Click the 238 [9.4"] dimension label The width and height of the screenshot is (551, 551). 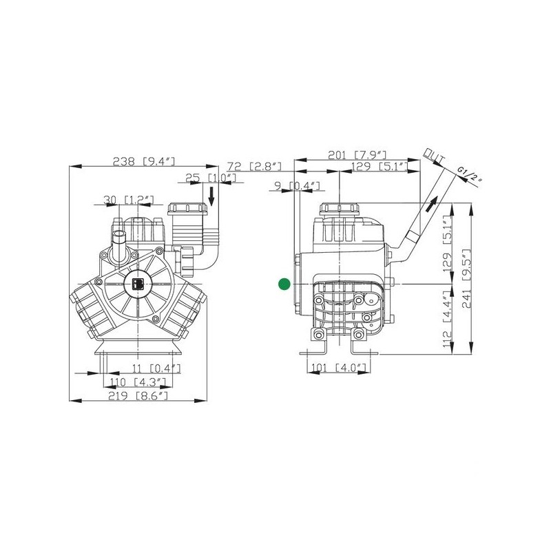point(144,161)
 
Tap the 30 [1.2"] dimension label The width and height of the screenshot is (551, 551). point(128,200)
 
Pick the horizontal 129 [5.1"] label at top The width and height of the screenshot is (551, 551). point(380,167)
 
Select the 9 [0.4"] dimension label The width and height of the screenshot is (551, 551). point(298,185)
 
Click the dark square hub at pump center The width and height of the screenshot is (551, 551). point(137,283)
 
